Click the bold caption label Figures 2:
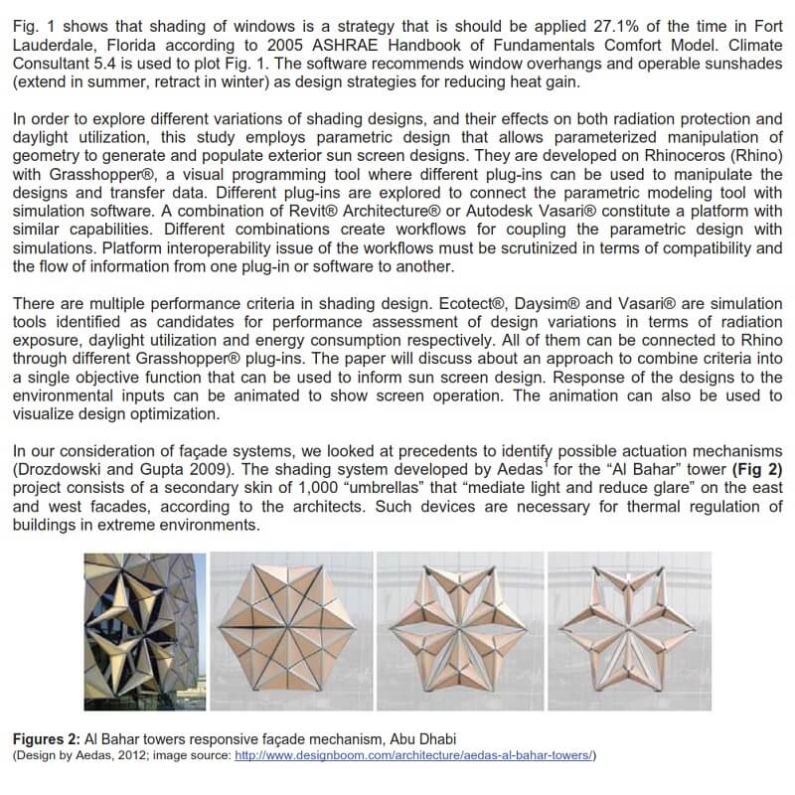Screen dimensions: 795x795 click(x=46, y=740)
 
